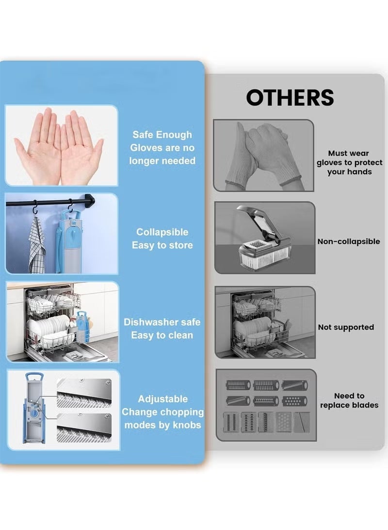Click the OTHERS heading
290,97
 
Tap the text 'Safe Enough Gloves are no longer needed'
162,148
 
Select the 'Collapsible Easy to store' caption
162,239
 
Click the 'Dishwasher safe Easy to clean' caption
162,328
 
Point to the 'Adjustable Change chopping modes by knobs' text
162,411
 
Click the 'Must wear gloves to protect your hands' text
349,162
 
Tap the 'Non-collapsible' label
349,241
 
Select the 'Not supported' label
346,327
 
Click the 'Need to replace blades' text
349,400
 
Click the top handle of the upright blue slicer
34,376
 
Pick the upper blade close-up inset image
84,393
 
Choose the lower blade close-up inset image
84,427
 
